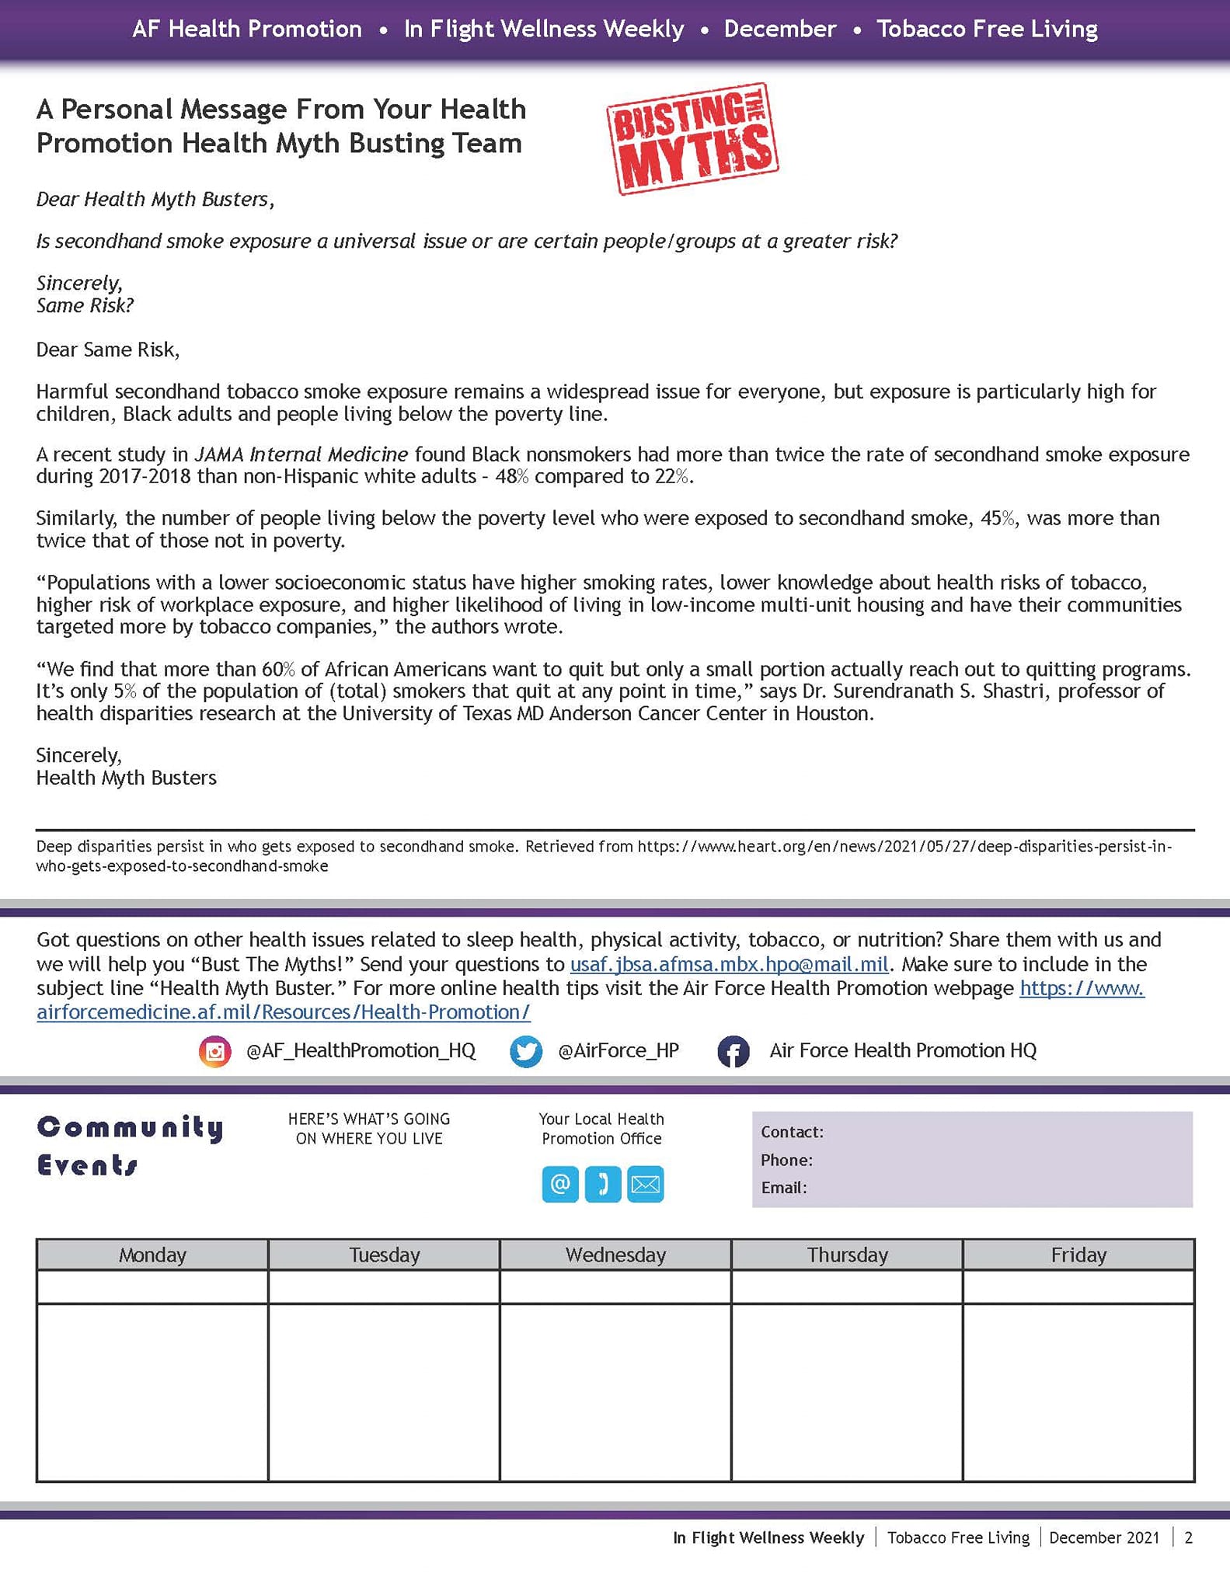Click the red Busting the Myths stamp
point(692,139)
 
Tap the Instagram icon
point(215,1051)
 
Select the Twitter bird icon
point(526,1051)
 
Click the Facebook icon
point(733,1051)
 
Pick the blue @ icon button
point(560,1184)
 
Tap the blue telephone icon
point(603,1184)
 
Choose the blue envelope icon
point(645,1184)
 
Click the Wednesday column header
point(615,1255)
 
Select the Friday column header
point(1078,1255)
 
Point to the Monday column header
point(152,1255)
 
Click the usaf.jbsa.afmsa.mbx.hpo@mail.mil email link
point(729,964)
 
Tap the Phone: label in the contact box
point(786,1160)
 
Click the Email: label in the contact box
point(783,1188)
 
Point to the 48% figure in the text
point(511,476)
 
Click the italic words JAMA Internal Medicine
point(301,454)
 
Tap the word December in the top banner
point(779,30)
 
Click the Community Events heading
point(130,1146)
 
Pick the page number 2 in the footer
point(1188,1537)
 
